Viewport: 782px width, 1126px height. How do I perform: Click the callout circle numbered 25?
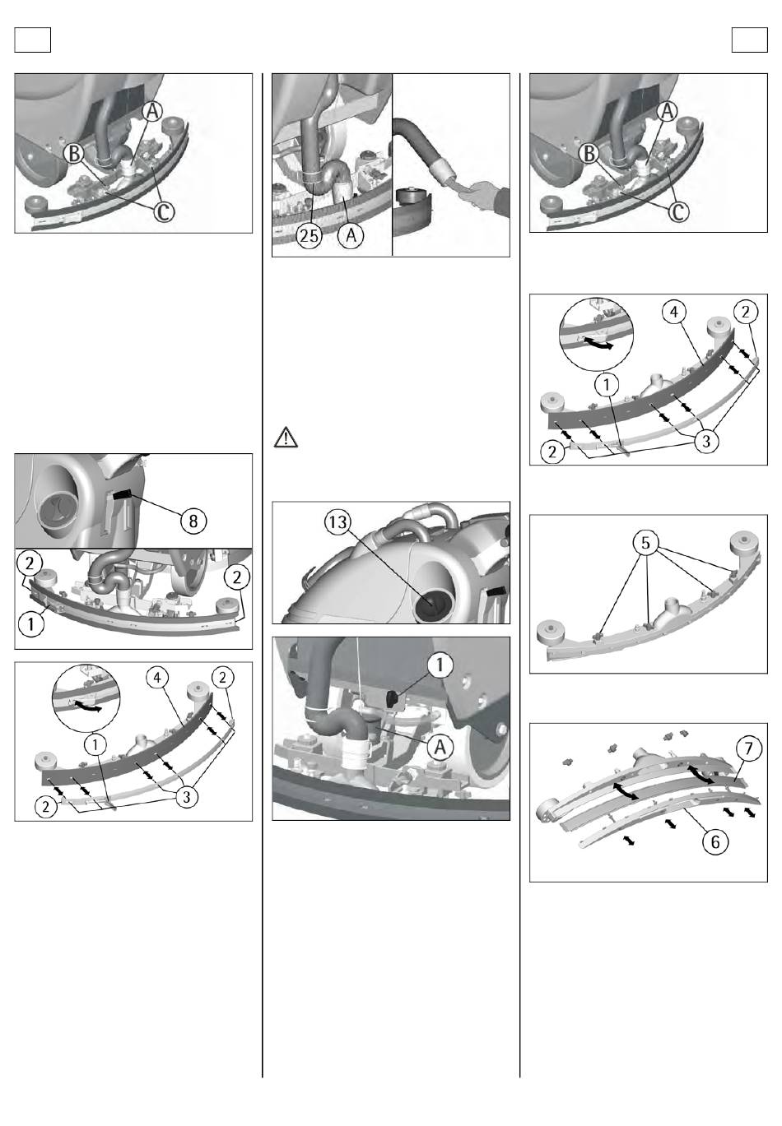pos(309,234)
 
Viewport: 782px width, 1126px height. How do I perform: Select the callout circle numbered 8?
pos(193,521)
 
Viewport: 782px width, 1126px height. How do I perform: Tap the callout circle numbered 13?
pos(337,522)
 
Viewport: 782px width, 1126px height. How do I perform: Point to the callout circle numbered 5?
pos(645,542)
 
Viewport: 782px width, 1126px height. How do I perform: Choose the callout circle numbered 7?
pos(748,748)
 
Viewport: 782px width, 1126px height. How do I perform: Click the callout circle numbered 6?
pos(715,841)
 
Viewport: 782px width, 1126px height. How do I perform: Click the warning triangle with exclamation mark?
pos(286,438)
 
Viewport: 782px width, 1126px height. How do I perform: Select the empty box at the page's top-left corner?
pos(33,39)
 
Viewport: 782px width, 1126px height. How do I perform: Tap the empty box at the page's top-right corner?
pos(749,39)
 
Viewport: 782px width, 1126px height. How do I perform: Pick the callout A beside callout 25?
pos(351,234)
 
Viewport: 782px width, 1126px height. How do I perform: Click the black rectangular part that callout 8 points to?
pos(123,495)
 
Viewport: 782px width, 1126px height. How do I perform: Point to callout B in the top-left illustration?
pos(74,153)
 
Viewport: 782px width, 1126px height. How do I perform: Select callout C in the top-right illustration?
pos(677,211)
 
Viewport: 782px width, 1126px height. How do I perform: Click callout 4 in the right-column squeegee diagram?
pos(674,313)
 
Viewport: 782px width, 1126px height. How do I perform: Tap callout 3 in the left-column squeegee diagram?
pos(187,796)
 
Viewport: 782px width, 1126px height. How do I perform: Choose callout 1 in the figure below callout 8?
pos(30,624)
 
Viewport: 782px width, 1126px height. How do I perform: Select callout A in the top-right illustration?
pos(668,111)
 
